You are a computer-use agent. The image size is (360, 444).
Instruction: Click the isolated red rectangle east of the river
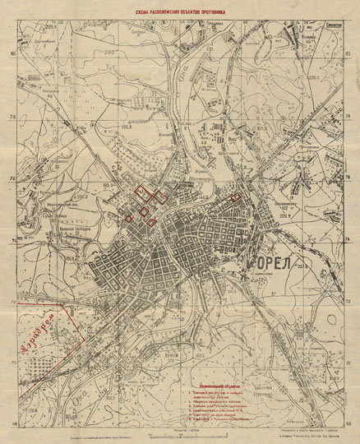[x=236, y=198]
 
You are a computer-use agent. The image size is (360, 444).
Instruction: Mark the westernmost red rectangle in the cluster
[x=129, y=219]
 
